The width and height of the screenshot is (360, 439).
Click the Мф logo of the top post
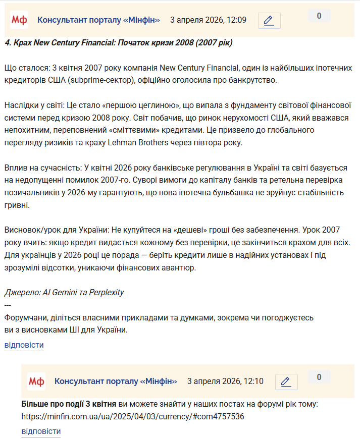tap(19, 20)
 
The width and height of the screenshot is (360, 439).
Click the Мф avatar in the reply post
tap(36, 381)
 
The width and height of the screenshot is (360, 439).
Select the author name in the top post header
tap(98, 20)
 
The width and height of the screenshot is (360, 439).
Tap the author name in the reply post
tap(116, 381)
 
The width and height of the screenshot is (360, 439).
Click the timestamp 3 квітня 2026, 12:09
tap(208, 20)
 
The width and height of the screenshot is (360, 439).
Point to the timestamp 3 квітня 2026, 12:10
tap(225, 381)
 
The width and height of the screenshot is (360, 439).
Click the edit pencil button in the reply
tap(286, 382)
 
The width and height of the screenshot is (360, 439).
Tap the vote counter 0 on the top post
tap(319, 16)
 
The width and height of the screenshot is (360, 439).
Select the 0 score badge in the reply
tap(319, 377)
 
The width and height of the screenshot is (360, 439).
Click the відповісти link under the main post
tap(24, 345)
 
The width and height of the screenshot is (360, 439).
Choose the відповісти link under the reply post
tap(41, 431)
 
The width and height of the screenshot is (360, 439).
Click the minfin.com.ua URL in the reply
tap(133, 417)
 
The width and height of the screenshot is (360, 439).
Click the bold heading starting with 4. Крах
tap(118, 42)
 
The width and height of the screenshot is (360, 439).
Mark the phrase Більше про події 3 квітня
tap(69, 404)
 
